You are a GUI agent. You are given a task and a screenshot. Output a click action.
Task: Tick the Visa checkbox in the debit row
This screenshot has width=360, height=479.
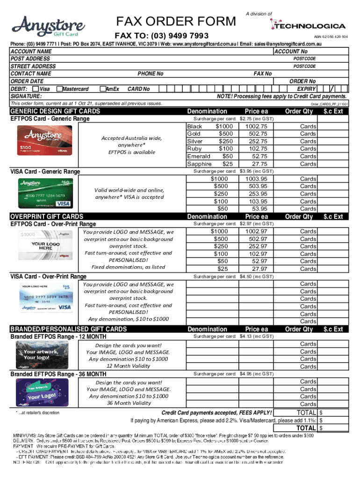pyautogui.click(x=36, y=89)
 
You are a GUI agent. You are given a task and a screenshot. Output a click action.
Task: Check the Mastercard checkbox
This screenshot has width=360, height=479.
pyautogui.click(x=59, y=89)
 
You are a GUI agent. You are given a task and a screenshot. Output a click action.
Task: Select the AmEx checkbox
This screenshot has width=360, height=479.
pyautogui.click(x=102, y=89)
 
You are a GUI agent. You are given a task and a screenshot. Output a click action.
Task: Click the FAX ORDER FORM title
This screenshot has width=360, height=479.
pyautogui.click(x=176, y=21)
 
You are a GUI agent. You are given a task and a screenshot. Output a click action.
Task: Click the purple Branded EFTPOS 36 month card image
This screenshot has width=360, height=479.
pyautogui.click(x=45, y=392)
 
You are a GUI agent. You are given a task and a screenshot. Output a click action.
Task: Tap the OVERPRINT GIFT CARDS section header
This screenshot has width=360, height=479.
pyautogui.click(x=47, y=217)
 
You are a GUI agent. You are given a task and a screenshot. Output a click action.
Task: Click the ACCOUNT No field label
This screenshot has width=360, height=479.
pyautogui.click(x=291, y=51)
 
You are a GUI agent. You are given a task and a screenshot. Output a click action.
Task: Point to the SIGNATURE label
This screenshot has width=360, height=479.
pyautogui.click(x=26, y=96)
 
